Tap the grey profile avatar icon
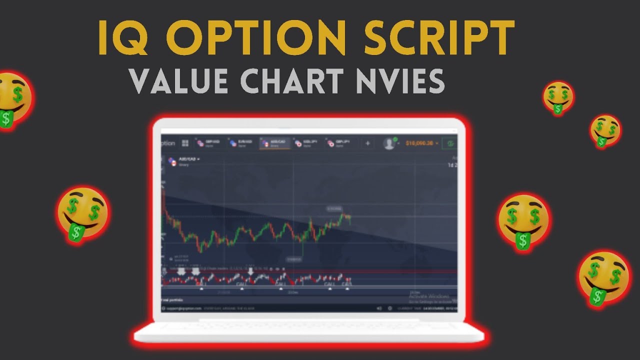[389, 143]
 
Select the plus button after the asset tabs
[368, 143]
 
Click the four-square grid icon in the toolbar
[185, 143]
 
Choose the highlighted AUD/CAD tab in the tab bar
[274, 143]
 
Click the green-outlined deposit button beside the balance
[450, 143]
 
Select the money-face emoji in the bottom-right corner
[604, 277]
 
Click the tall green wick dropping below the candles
[303, 248]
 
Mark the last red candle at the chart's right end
[349, 218]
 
